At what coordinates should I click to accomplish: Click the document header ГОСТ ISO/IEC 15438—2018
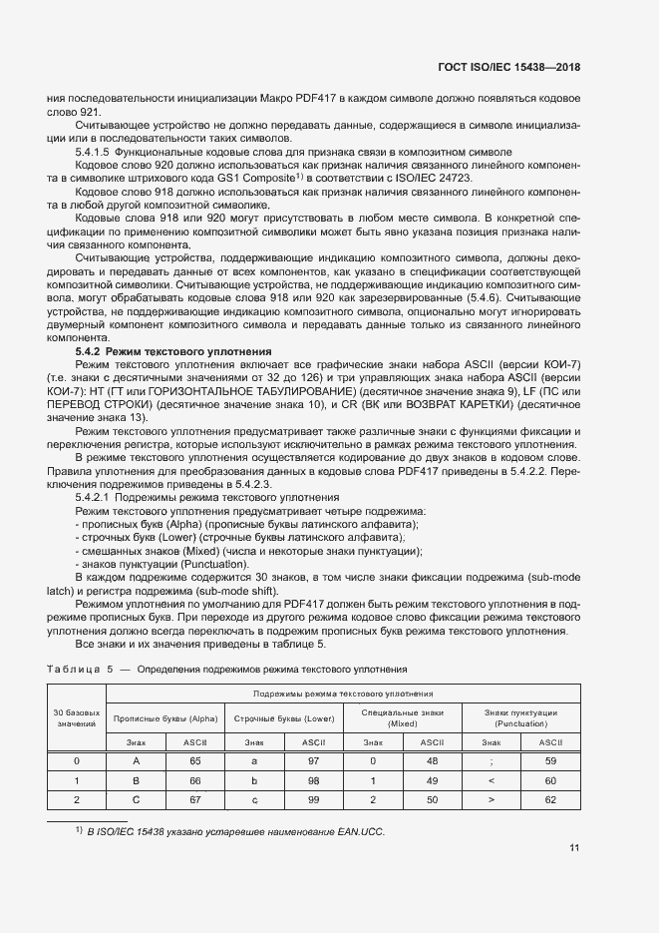coord(508,67)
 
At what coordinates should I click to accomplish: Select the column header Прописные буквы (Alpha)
coord(165,718)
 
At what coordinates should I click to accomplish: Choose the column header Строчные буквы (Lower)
coord(284,718)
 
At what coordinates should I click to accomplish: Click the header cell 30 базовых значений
coord(77,718)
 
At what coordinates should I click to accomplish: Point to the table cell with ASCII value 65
coord(195,760)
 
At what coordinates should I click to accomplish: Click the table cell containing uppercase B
coord(137,779)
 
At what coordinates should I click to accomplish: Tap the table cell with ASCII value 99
coord(314,799)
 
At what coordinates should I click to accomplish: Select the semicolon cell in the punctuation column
coord(492,760)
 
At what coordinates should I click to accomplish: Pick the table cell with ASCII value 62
coord(550,799)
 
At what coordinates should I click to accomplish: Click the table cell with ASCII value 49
coord(432,779)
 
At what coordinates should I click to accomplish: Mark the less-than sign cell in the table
coord(492,779)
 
